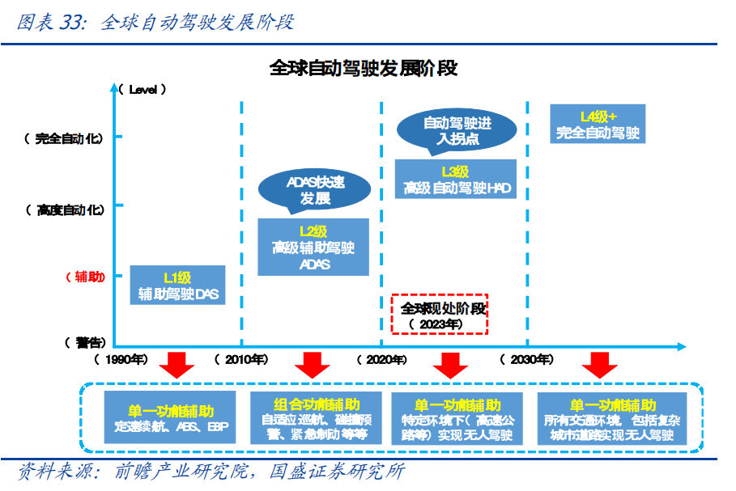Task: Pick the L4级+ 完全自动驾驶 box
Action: point(598,124)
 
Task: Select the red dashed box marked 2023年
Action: point(440,314)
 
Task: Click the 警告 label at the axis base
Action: point(83,342)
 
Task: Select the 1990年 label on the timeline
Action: point(121,358)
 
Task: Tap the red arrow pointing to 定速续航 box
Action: point(177,365)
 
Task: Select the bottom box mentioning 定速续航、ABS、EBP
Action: point(171,417)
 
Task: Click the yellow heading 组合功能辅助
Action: point(317,404)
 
